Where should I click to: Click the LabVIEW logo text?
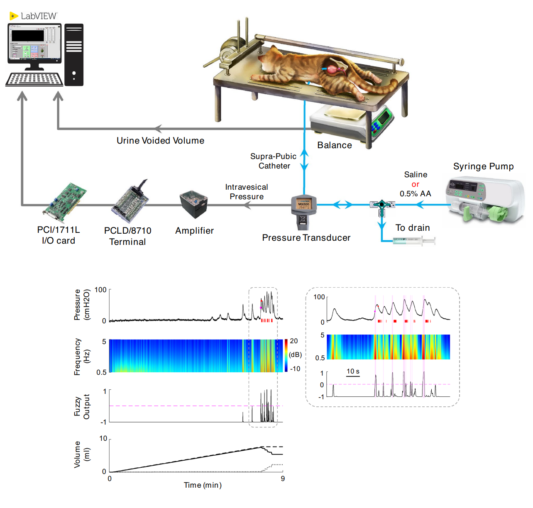click(x=38, y=16)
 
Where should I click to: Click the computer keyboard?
click(x=34, y=79)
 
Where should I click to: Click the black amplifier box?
click(x=194, y=204)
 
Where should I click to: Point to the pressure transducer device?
click(x=304, y=210)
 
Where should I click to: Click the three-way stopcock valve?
click(x=381, y=205)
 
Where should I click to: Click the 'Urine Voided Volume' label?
click(x=160, y=141)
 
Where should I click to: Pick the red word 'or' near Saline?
click(x=416, y=184)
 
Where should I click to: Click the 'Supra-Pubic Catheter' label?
click(x=274, y=161)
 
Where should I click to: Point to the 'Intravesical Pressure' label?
click(x=247, y=192)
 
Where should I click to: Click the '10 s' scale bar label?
click(x=353, y=371)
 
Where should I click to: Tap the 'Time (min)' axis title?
click(x=203, y=485)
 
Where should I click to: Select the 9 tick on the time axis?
click(x=283, y=479)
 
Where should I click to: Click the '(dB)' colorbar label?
click(x=295, y=355)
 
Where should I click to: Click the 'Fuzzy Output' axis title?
click(x=82, y=406)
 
